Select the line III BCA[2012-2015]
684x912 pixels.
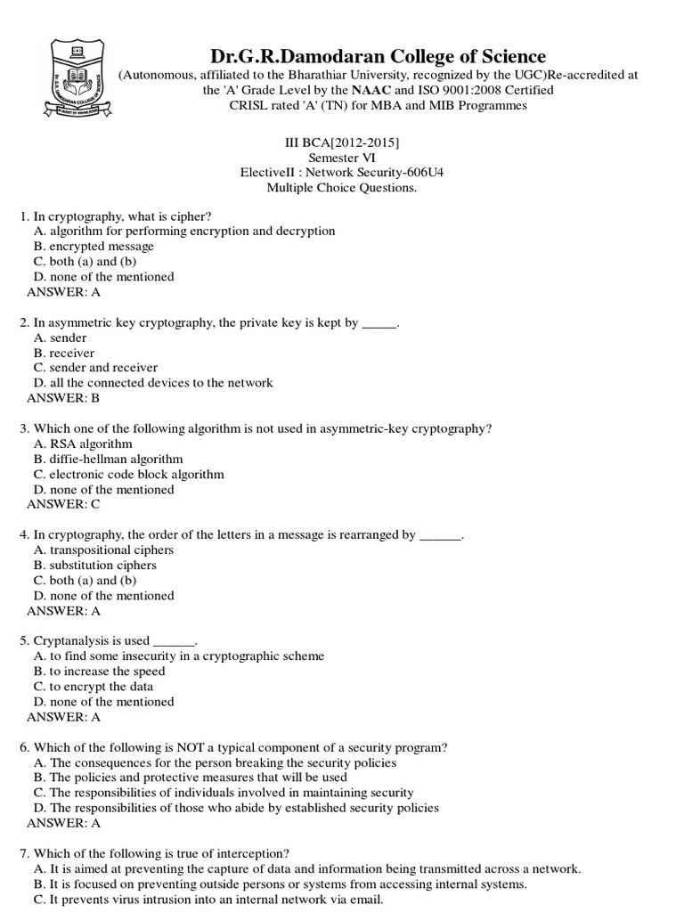pos(341,142)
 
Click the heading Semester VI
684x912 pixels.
pos(341,158)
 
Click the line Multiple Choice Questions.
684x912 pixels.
pos(341,188)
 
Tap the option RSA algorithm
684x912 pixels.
pos(83,444)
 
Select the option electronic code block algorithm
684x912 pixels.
pos(128,474)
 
